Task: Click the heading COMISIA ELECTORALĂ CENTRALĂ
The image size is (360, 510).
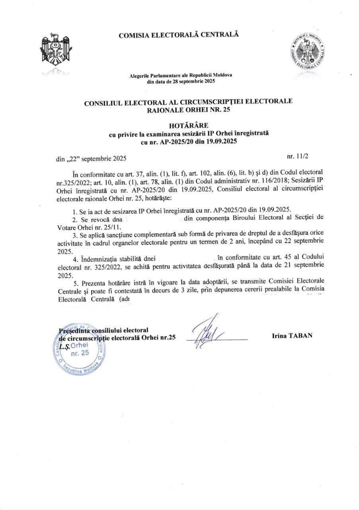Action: tap(179, 35)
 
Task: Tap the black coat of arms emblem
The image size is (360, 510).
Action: tap(55, 51)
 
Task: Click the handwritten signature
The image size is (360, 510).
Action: tap(209, 331)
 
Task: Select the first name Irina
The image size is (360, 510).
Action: tap(278, 336)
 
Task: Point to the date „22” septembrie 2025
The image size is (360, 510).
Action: tap(91, 159)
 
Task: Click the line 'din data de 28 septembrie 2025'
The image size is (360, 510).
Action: tap(181, 81)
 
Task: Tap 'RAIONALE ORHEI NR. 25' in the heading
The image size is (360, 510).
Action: tap(188, 110)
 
